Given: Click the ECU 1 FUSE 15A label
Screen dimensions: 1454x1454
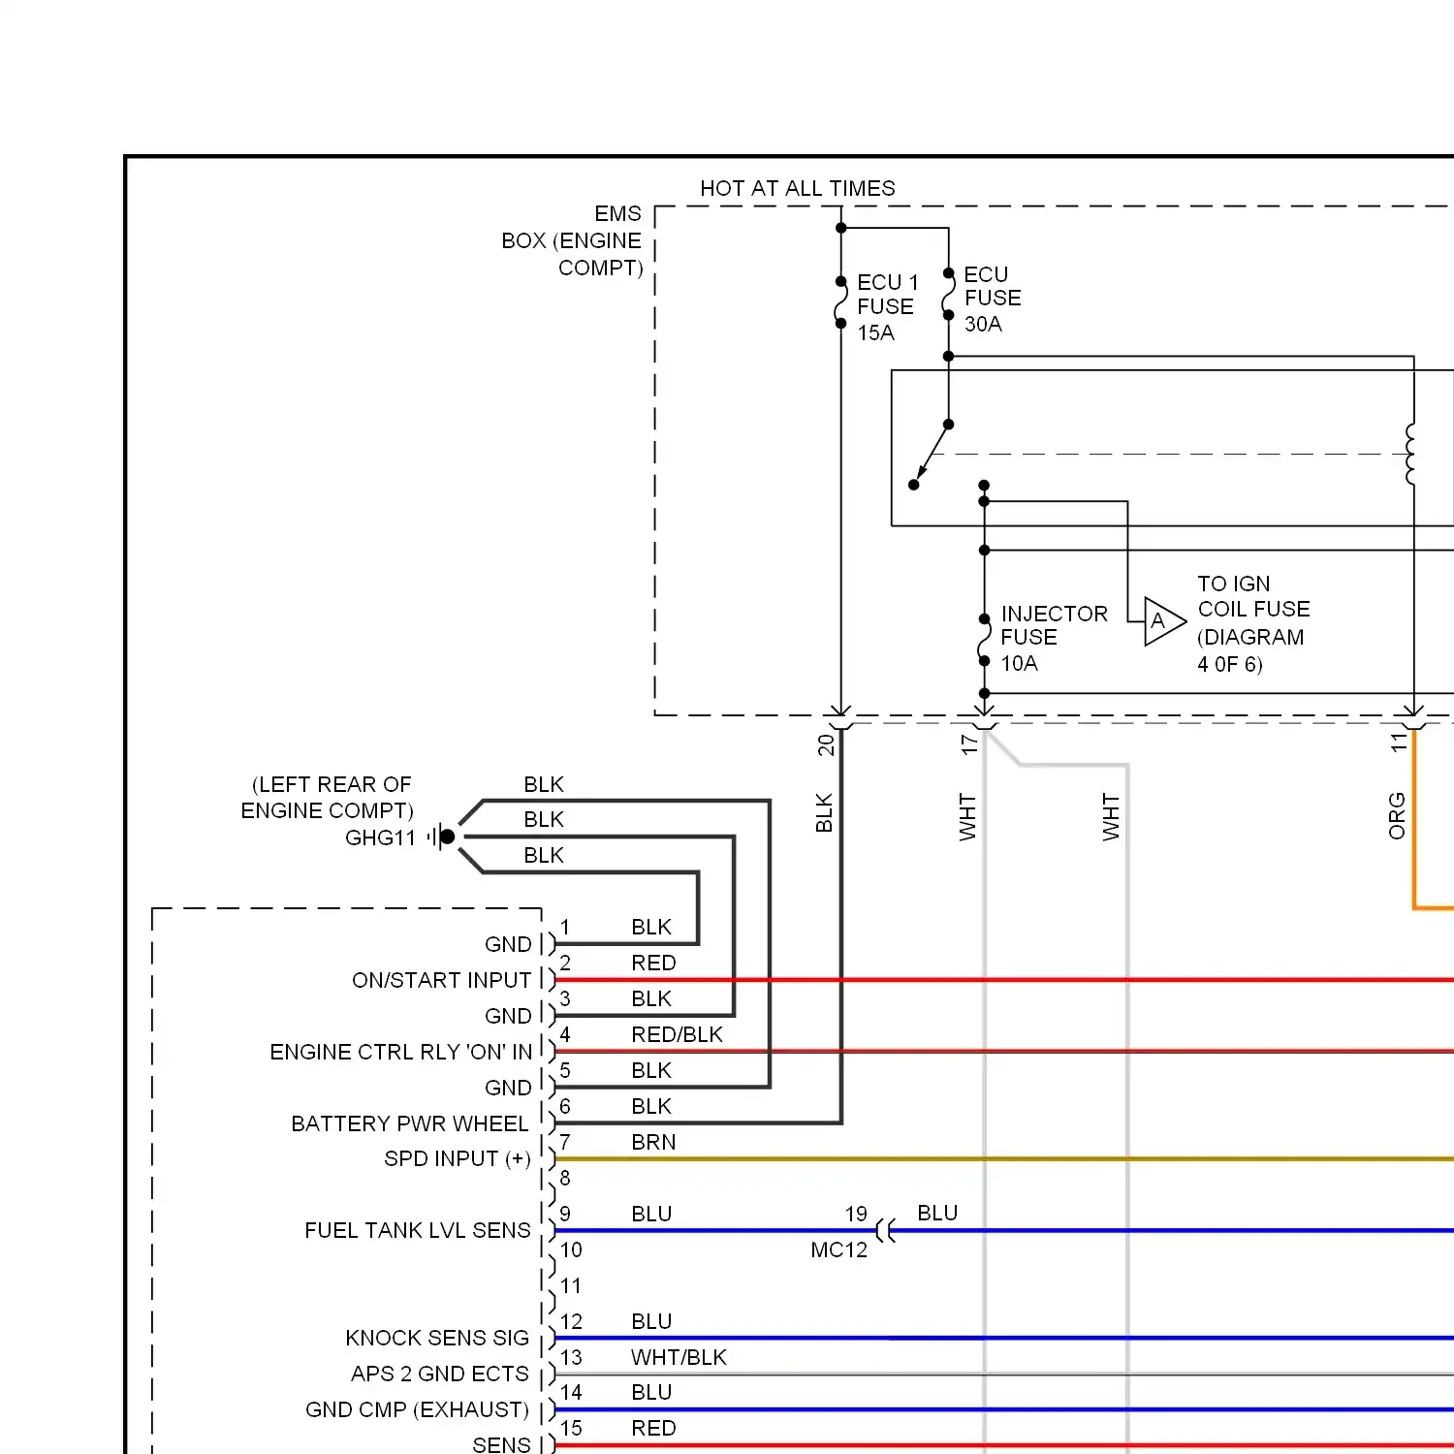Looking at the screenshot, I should coord(887,307).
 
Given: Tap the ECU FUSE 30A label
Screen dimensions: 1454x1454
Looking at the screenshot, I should coord(992,299).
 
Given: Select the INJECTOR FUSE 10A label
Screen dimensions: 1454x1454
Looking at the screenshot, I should coord(1053,638).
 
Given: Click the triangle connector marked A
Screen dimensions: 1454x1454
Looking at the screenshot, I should coord(1162,621).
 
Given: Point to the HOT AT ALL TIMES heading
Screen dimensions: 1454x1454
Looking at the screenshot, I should coord(797,188).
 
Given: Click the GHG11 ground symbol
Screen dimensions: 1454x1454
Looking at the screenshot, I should coord(445,836).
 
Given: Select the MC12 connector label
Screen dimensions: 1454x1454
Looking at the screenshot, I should coord(838,1250).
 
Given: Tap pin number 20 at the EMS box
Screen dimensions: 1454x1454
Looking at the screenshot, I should coord(825,744).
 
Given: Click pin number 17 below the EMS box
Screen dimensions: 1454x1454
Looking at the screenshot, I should coord(968,744).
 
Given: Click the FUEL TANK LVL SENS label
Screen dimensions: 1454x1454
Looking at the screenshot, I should coord(417,1230).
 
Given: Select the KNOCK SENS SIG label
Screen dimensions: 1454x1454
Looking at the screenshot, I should coord(436,1338).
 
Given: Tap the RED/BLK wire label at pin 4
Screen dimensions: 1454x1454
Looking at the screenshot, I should coord(677,1034).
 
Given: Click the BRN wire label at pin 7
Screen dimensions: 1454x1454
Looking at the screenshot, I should coord(653,1142).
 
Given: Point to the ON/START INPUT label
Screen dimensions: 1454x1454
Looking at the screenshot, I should coord(441,980).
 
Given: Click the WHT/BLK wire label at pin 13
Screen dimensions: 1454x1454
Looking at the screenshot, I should coord(679,1357).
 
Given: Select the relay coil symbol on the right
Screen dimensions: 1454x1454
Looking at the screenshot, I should coord(1411,454).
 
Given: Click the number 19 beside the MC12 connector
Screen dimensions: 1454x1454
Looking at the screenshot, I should coord(856,1214).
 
